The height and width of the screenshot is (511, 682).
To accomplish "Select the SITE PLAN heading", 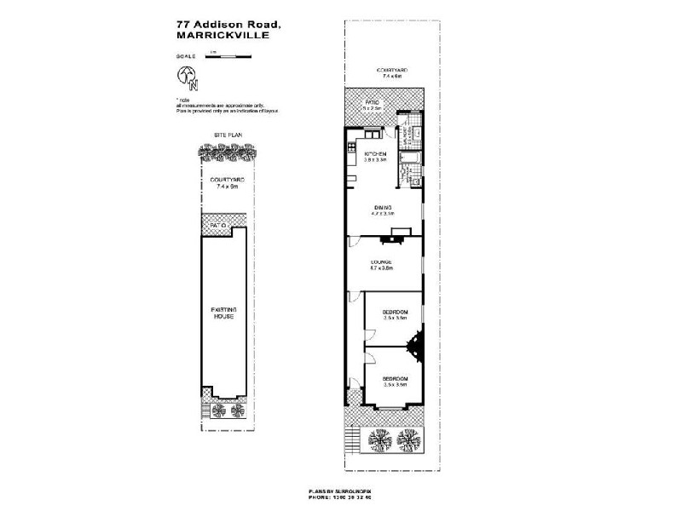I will [x=225, y=135].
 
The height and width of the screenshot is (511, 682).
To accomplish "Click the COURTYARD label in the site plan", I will [x=225, y=183].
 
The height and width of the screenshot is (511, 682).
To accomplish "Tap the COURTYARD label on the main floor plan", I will [x=394, y=72].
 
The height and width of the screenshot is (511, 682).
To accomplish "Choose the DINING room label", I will [x=382, y=210].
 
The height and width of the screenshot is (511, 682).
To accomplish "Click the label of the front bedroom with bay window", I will [x=394, y=381].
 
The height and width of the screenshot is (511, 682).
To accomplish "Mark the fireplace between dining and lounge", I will [x=400, y=232].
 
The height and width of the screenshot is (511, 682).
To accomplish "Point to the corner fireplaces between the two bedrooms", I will [x=415, y=346].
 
